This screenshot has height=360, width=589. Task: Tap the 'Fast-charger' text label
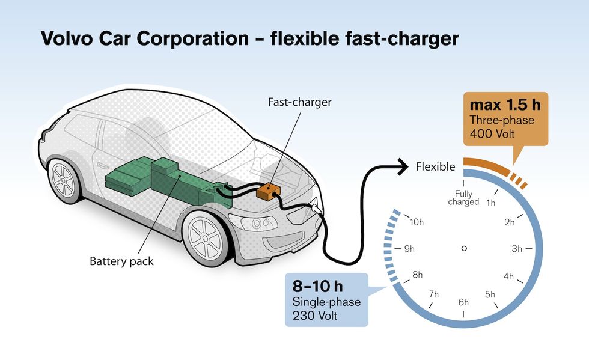[x=299, y=102]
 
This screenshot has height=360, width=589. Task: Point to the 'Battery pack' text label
[x=121, y=261]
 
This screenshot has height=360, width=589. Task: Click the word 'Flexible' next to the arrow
[x=436, y=167]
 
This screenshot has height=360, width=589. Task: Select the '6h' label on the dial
[x=463, y=302]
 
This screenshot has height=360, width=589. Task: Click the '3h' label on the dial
[x=516, y=248]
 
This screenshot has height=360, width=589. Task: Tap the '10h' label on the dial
[x=418, y=222]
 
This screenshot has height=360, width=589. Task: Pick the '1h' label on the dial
[x=490, y=203]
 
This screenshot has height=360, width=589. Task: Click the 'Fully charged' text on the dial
[x=463, y=198]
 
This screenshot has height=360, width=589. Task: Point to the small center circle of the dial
[x=463, y=248]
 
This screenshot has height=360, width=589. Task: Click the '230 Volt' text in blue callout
[x=317, y=315]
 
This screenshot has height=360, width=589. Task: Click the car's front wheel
[x=207, y=236]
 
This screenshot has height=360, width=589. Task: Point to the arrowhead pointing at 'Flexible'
[x=401, y=167]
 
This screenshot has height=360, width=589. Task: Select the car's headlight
[x=260, y=222]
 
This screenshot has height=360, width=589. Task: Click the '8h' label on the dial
[x=418, y=275]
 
